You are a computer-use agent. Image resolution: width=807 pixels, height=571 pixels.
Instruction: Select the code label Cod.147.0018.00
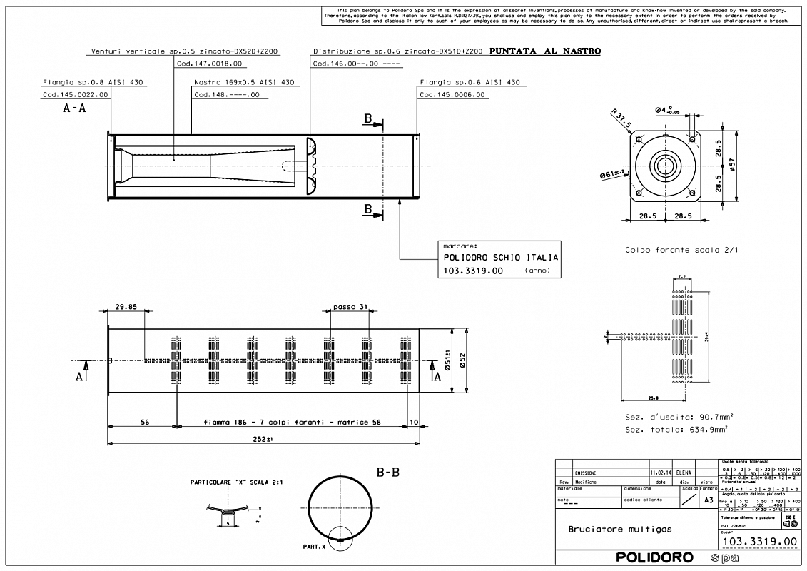[209, 64]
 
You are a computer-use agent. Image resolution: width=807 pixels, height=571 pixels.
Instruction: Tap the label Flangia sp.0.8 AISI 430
[93, 82]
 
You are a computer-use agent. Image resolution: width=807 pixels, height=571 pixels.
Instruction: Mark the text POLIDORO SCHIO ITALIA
[501, 258]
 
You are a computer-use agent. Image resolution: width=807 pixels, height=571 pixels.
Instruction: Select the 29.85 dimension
[125, 308]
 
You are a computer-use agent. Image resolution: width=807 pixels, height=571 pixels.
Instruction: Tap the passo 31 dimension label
[350, 308]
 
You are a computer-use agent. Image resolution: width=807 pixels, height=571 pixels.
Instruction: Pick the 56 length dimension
[144, 422]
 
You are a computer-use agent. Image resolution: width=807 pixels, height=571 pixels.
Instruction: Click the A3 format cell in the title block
[708, 501]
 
